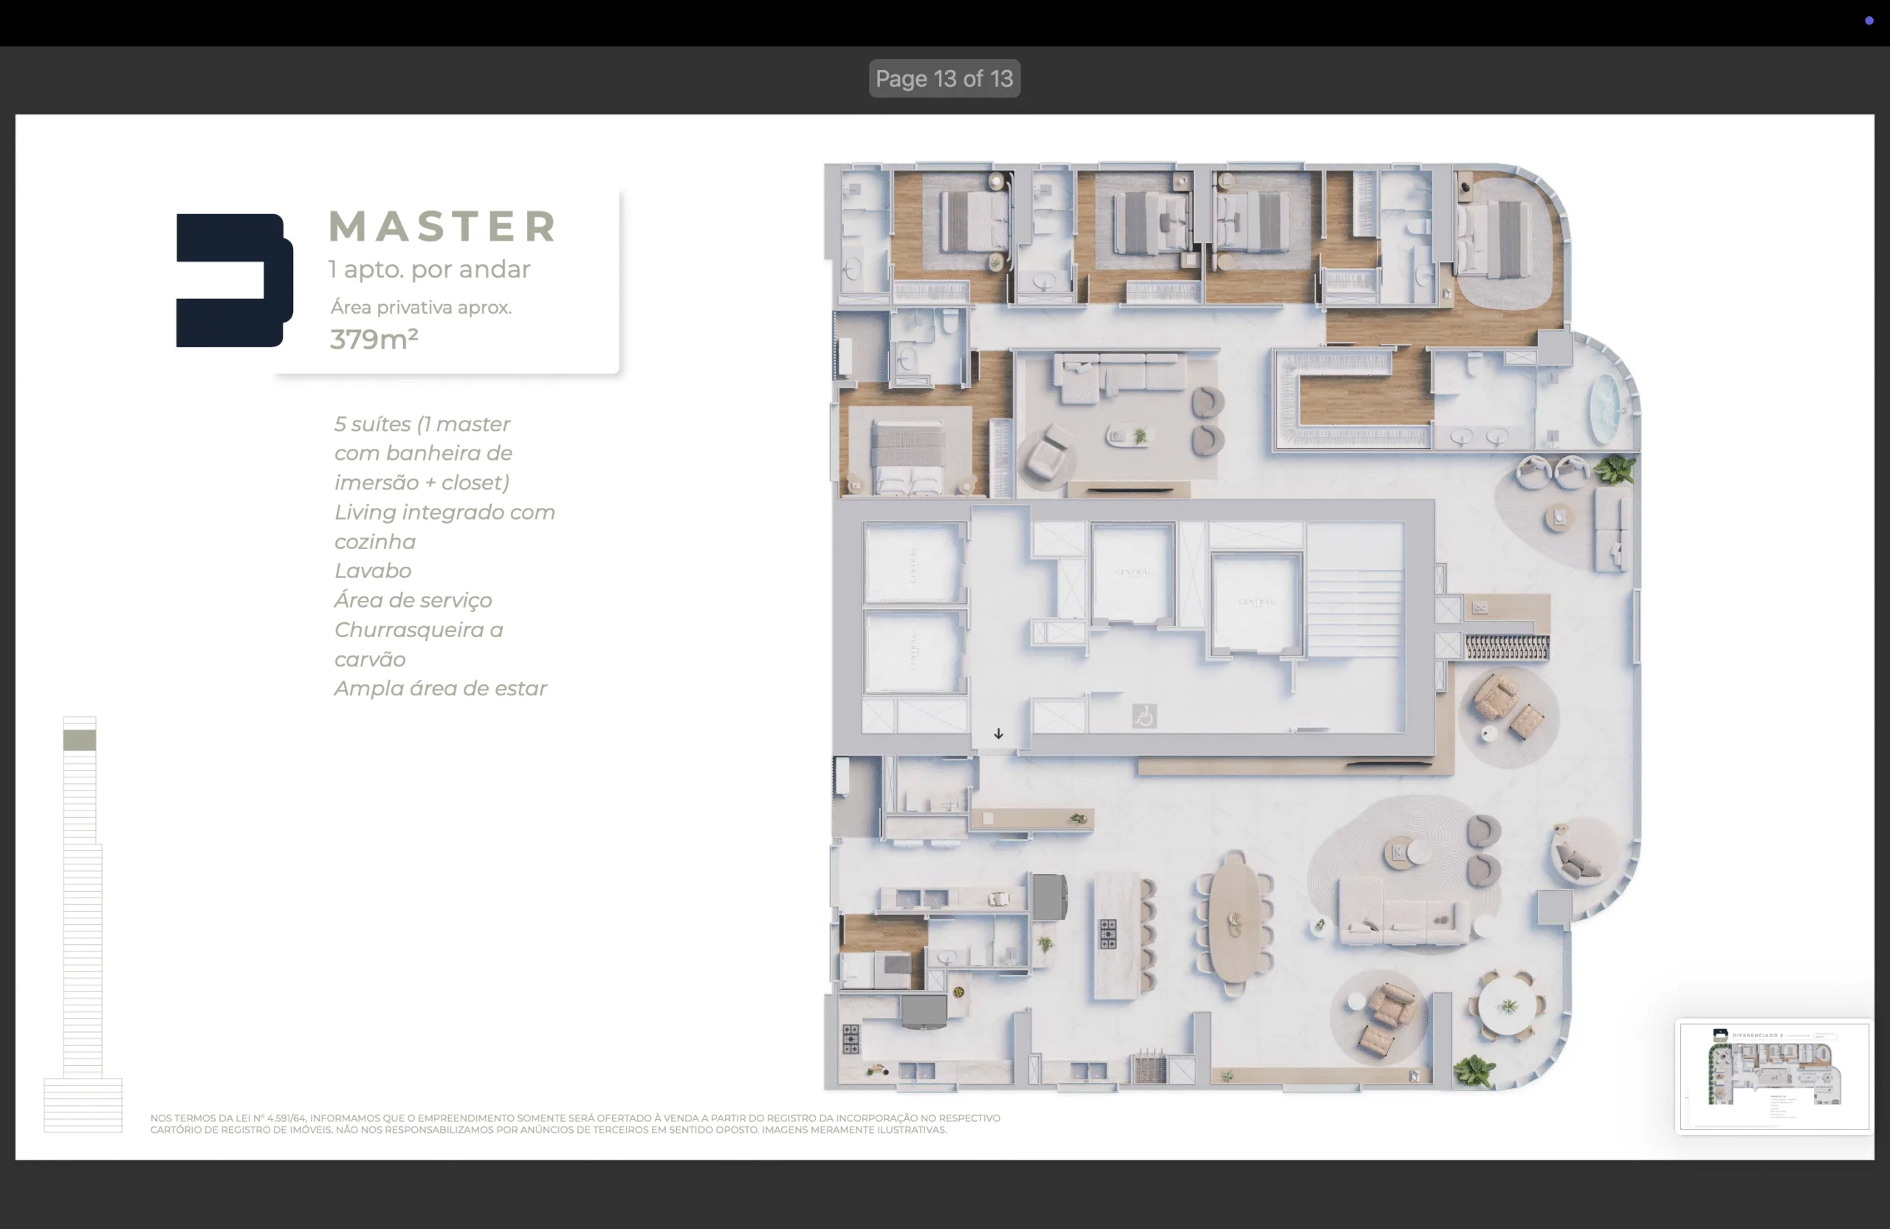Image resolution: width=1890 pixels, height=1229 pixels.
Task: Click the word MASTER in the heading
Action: [442, 227]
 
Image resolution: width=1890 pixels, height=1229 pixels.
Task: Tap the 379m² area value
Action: [374, 340]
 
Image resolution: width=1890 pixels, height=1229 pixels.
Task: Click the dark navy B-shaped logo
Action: [233, 280]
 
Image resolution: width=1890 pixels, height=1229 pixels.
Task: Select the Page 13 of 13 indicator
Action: [944, 78]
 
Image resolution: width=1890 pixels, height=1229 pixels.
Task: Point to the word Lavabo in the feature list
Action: [372, 571]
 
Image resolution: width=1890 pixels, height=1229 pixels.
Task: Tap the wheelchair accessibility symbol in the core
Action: [1144, 716]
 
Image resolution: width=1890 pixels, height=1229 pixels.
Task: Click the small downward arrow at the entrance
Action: [998, 734]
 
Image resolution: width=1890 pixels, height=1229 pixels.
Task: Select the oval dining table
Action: [1234, 923]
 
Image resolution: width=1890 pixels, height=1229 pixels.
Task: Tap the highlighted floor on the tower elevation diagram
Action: [80, 740]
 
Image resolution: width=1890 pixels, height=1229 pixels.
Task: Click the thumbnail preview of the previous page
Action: [1773, 1075]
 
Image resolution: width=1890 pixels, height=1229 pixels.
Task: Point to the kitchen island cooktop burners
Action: [1108, 934]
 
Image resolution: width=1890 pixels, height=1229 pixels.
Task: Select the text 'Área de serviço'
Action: [412, 600]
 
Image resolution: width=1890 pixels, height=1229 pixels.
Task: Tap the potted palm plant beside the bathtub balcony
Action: [1615, 469]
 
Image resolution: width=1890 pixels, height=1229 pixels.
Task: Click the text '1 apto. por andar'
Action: [429, 269]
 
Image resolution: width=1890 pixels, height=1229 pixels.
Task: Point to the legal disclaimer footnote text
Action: [574, 1123]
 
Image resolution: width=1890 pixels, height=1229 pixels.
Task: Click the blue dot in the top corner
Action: [1869, 21]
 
